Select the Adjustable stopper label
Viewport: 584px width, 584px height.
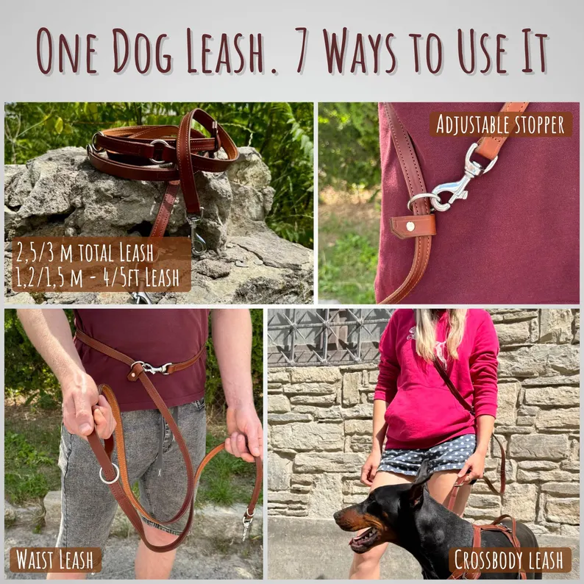(x=500, y=124)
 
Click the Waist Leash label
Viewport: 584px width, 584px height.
(x=55, y=559)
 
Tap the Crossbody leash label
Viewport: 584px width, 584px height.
(x=510, y=560)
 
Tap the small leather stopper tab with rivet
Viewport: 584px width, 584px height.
(x=412, y=227)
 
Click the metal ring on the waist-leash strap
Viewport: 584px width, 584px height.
(x=109, y=473)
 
